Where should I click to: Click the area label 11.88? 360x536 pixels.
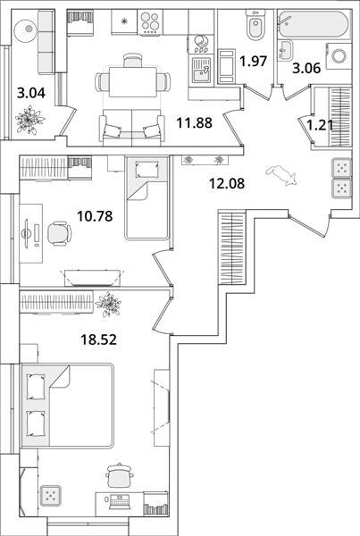tap(194, 122)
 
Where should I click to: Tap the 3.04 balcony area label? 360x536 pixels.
tap(31, 93)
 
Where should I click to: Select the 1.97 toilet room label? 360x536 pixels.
tap(253, 61)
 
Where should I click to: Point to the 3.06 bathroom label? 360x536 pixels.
tap(306, 69)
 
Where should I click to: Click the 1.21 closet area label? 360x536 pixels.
tap(320, 125)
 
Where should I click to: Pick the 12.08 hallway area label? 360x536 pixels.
tap(227, 183)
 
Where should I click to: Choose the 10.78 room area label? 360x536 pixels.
tap(95, 216)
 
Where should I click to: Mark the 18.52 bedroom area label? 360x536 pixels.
tap(98, 339)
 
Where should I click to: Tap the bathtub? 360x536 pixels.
tap(314, 24)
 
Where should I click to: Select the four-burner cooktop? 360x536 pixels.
tap(150, 21)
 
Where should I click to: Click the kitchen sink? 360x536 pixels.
tap(201, 70)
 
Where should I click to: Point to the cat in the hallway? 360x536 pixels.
tap(281, 175)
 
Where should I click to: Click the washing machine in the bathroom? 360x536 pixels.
tap(339, 56)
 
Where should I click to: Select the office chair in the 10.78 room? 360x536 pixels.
tap(60, 233)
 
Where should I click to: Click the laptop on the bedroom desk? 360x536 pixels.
tap(119, 501)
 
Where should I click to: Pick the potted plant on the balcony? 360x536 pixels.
tap(29, 121)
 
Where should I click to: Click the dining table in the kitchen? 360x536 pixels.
tap(132, 82)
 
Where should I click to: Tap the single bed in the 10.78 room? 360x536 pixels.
tap(147, 198)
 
